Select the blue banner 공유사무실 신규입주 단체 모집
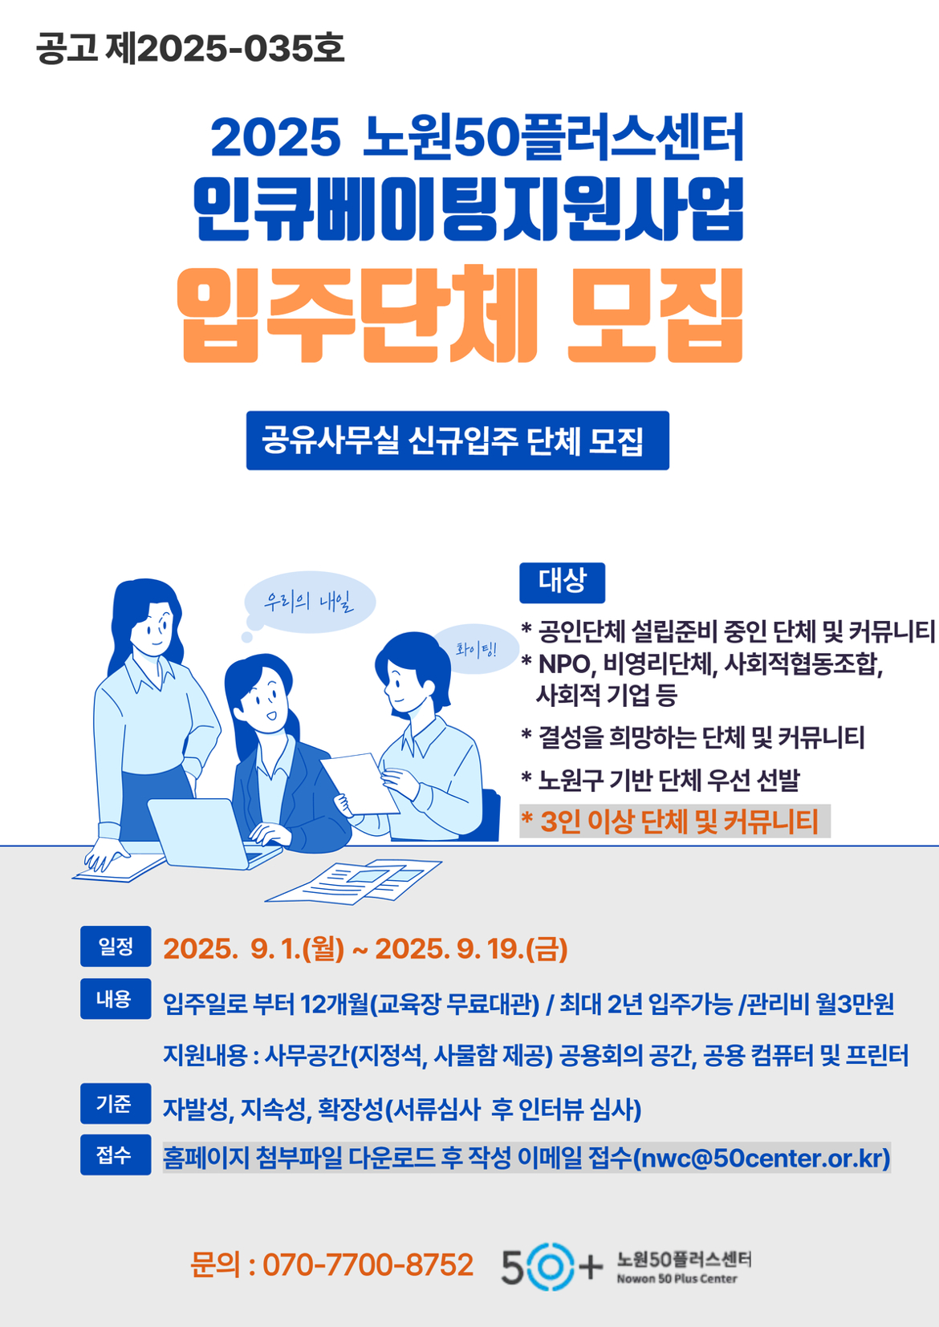coord(457,440)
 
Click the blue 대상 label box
coord(562,582)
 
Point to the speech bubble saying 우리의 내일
coord(310,601)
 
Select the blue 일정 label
coord(116,947)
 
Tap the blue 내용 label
coord(116,999)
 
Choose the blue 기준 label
coord(116,1103)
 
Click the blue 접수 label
coord(116,1155)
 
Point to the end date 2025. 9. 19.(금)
coord(471,949)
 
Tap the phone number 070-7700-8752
coord(368,1265)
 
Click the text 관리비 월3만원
coord(820,1004)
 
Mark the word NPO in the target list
coord(563,665)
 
